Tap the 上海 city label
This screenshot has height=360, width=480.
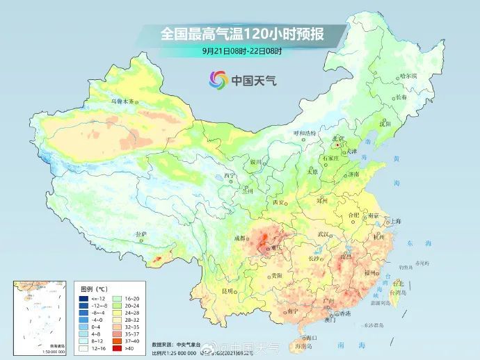(x=396, y=221)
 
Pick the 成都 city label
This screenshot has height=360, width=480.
(x=240, y=238)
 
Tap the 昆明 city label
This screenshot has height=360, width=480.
(x=227, y=291)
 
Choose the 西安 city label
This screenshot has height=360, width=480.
(x=279, y=202)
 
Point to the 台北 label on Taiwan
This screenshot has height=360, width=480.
(x=398, y=284)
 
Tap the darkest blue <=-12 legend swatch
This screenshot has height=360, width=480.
(x=84, y=297)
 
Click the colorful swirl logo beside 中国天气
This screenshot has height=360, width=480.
(x=218, y=80)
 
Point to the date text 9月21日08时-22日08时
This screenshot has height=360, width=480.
(x=240, y=51)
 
